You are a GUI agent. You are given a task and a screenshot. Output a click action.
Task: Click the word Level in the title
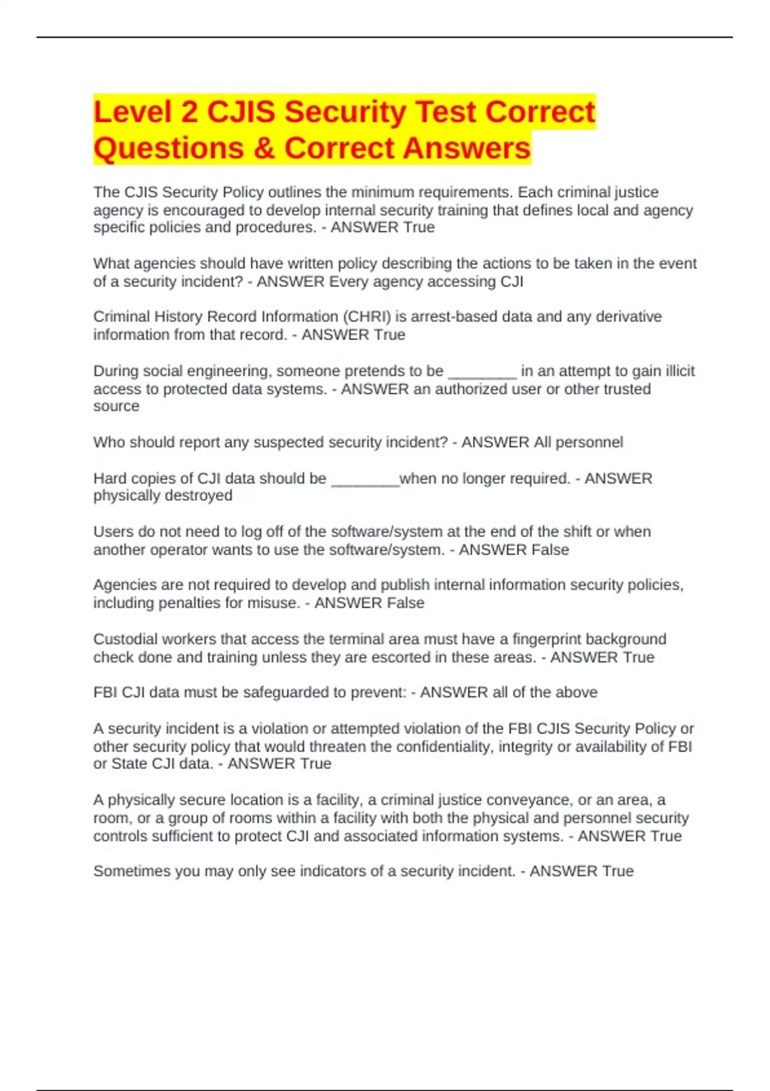click(132, 112)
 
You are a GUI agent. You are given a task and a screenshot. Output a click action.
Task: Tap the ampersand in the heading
click(264, 148)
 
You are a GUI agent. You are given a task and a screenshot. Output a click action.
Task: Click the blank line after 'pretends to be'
click(482, 372)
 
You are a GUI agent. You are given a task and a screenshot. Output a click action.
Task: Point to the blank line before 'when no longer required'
click(365, 479)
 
